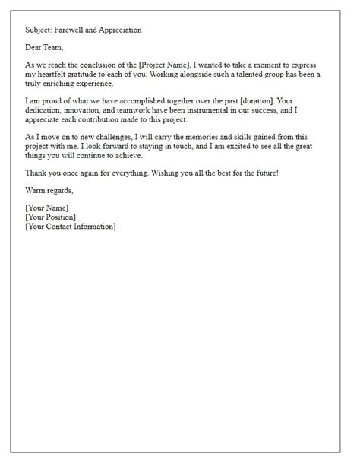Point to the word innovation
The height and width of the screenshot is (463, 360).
[85, 119]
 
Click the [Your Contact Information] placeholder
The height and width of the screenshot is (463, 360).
[70, 227]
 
